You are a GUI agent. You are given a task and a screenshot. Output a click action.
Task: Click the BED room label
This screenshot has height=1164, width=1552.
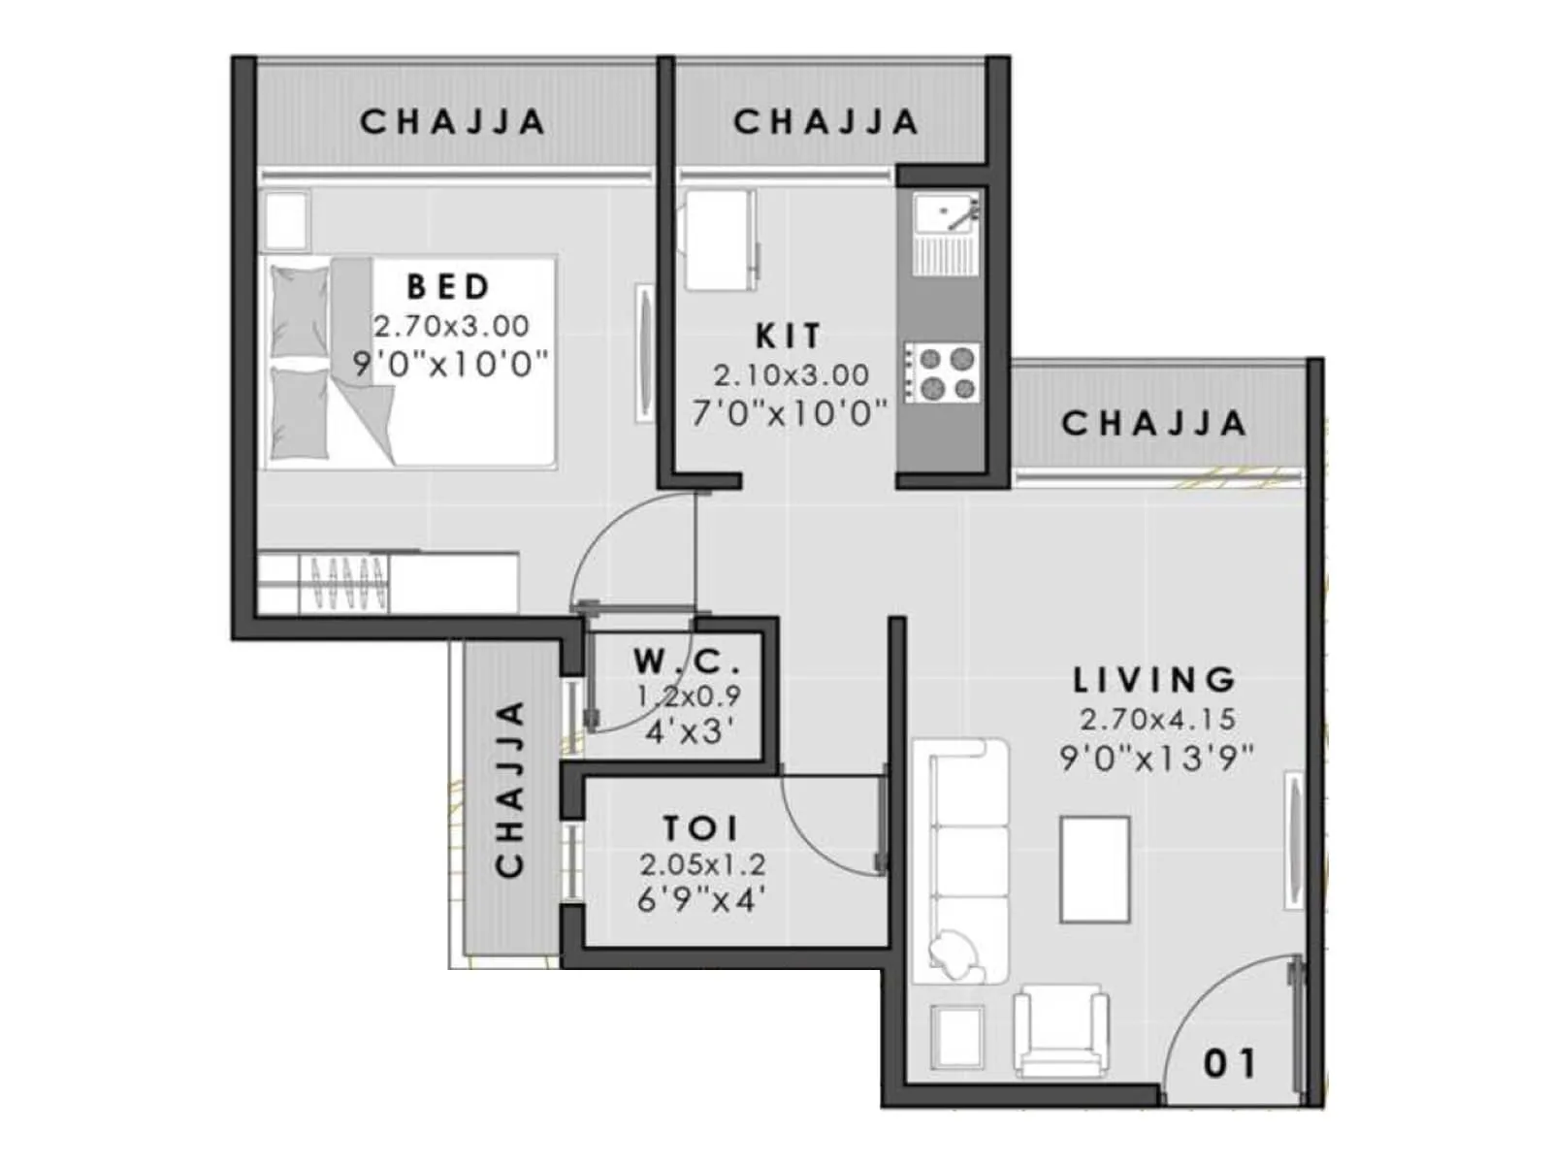pos(448,287)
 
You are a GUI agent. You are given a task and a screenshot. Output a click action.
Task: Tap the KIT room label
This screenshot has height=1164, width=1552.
pos(788,337)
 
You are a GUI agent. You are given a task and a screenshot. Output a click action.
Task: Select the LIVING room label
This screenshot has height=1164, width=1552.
pos(1154,680)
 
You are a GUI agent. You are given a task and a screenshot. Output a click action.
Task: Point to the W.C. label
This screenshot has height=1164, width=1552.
pos(687,662)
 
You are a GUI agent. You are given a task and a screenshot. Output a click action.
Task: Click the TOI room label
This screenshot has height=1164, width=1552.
pos(700,828)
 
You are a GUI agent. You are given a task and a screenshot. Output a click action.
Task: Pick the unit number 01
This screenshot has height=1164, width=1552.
pos(1229,1064)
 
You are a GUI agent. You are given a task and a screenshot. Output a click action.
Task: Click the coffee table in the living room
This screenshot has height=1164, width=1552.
pos(1095,869)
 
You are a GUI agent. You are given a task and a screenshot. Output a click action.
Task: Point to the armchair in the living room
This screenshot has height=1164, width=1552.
pos(1060,1030)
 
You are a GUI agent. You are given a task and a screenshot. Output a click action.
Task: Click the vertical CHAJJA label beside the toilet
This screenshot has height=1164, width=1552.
pos(509,789)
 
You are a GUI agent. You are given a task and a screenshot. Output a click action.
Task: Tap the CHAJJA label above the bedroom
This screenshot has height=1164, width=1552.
pos(452,122)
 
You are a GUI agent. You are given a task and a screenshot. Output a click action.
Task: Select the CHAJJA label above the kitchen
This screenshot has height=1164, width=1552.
pos(825,122)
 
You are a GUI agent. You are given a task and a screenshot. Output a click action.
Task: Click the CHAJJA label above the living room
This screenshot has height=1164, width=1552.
pos(1153,424)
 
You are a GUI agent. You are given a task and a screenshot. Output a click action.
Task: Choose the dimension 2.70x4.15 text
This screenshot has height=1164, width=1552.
pos(1157,720)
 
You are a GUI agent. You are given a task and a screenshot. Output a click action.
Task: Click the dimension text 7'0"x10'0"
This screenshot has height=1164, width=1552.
pos(790,414)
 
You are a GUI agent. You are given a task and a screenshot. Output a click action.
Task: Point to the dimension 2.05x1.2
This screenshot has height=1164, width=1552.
pos(701,864)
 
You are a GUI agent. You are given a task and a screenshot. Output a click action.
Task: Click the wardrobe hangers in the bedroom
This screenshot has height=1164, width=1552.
pos(344,582)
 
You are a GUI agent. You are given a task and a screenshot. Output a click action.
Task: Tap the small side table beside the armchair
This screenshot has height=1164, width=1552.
pos(957,1036)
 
